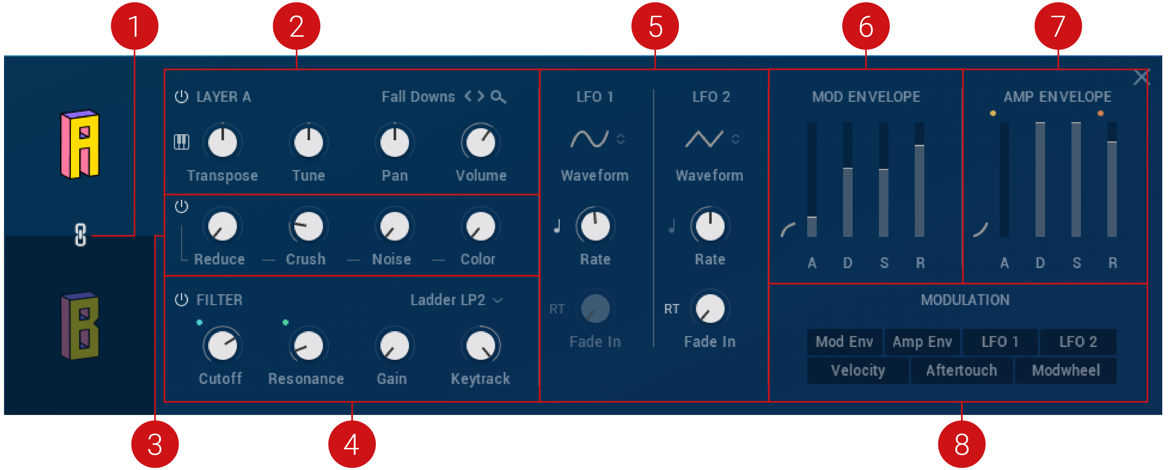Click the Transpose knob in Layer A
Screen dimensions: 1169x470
click(222, 142)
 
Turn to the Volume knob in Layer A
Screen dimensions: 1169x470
click(481, 142)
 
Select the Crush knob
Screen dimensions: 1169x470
click(308, 226)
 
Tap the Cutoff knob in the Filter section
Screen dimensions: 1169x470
click(222, 345)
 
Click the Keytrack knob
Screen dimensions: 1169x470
click(481, 345)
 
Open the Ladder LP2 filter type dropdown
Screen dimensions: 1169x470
click(456, 300)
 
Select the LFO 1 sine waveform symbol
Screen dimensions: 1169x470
click(589, 139)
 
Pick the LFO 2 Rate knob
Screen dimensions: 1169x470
click(710, 226)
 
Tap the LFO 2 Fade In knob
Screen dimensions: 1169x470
click(710, 309)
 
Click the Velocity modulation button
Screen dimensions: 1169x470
click(858, 370)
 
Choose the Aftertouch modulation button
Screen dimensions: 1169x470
click(962, 370)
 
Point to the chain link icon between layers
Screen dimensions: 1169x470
click(80, 235)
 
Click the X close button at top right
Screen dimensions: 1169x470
click(1141, 78)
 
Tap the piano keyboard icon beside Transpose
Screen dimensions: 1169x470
click(182, 142)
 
